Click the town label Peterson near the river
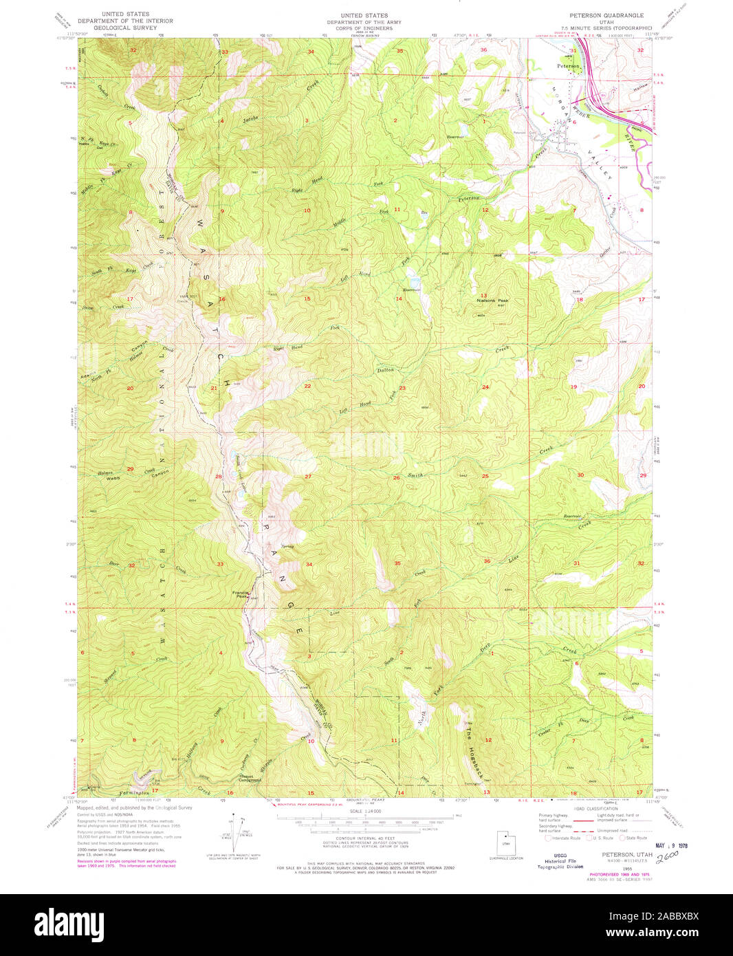pyautogui.click(x=568, y=66)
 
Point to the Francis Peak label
pyautogui.click(x=240, y=594)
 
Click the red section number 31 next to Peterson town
pyautogui.click(x=573, y=50)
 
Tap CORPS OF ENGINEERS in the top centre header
pyautogui.click(x=364, y=28)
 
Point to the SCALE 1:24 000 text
pyautogui.click(x=364, y=812)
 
